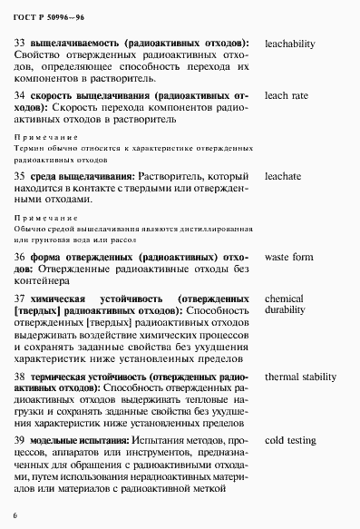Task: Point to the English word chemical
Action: (x=284, y=299)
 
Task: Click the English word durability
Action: (x=287, y=311)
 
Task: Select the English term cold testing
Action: (x=290, y=440)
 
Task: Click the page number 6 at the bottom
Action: (x=15, y=515)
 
